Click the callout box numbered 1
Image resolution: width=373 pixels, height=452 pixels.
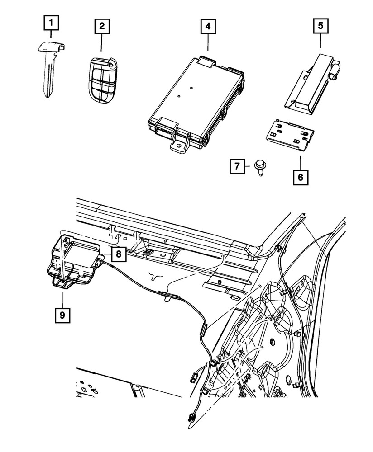51,22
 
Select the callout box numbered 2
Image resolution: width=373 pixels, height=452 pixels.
102,26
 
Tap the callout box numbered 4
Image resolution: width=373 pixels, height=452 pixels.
207,26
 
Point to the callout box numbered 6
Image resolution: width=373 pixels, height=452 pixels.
300,177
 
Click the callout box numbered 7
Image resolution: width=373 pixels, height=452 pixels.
237,166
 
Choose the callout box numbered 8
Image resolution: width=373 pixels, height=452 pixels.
117,254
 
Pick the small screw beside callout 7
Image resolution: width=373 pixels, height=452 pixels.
260,168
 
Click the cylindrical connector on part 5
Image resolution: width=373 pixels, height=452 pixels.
335,70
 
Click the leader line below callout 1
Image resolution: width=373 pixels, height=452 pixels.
51,33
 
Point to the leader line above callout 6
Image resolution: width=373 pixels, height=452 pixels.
300,162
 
